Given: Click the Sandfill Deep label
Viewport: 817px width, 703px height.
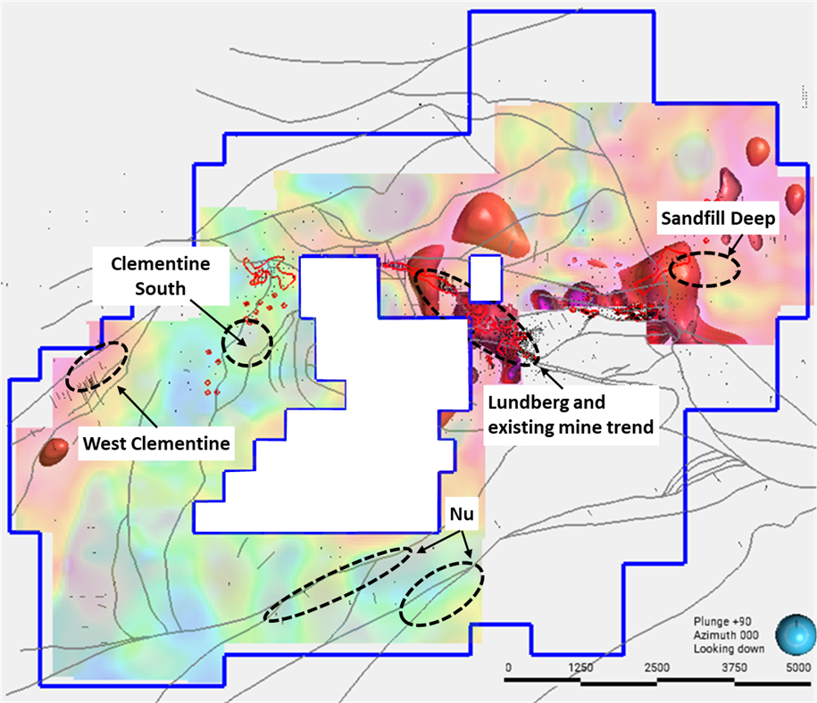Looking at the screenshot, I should click(x=718, y=217).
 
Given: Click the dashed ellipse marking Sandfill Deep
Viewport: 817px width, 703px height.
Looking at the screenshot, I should click(x=704, y=268).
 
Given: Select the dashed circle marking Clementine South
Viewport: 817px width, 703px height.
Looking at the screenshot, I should click(x=247, y=342).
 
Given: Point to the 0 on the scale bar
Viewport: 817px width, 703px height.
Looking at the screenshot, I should click(x=508, y=666).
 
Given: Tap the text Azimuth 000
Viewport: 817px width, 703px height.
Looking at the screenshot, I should click(x=726, y=634).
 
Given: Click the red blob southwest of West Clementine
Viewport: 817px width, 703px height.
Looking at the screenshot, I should click(x=54, y=452).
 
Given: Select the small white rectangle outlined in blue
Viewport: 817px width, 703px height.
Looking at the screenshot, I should click(x=486, y=277).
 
